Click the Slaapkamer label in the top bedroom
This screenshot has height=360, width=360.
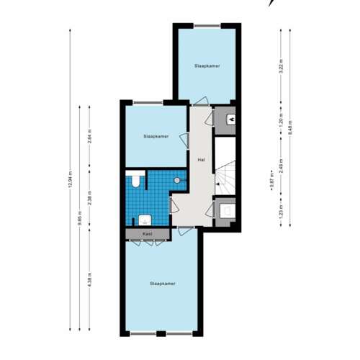207,66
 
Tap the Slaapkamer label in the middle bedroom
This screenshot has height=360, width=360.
156,135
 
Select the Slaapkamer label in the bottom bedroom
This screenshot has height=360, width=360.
163,283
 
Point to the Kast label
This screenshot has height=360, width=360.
147,234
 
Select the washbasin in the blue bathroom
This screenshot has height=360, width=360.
144,219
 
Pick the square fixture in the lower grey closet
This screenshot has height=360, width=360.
226,211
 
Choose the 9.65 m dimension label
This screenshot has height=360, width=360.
80,216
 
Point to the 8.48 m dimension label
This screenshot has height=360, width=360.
290,127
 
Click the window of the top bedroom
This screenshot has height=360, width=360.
207,27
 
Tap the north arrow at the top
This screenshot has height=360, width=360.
271,3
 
